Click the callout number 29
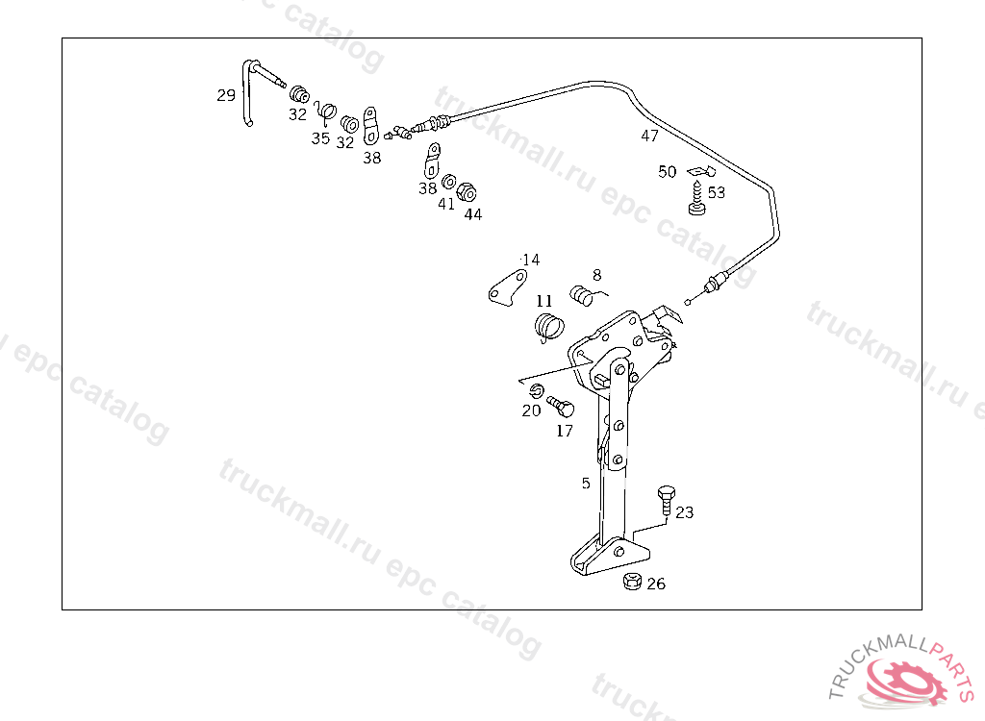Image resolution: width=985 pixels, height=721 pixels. coord(226,95)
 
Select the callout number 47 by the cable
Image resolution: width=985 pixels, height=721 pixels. coord(650,137)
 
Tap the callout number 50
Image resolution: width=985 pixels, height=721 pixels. coord(668,172)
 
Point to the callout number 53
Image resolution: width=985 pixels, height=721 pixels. coord(717,192)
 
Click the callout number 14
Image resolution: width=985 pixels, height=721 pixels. coord(531,260)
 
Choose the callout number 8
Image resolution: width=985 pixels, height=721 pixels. coord(596,274)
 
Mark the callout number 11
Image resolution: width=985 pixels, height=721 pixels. coord(544,300)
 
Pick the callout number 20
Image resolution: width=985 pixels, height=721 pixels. coord(531,410)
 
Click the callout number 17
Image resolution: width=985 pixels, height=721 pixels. coord(565,431)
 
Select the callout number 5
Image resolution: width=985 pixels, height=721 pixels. coord(586,484)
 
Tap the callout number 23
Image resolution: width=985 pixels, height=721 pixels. coord(684,512)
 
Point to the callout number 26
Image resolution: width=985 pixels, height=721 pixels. coord(655,584)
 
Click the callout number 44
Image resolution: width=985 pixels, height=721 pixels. coord(472,214)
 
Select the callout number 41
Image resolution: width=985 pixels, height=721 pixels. coord(446,204)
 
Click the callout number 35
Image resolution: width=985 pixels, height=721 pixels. coord(320,138)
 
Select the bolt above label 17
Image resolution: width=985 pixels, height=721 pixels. coord(560,406)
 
